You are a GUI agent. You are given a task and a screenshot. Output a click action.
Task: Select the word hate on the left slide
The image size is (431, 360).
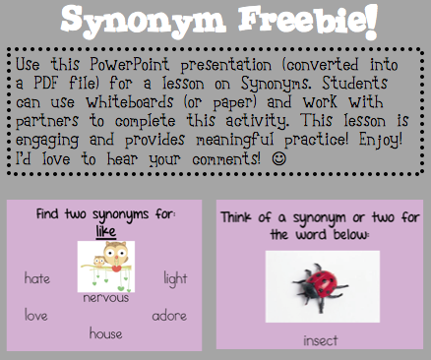click(37, 278)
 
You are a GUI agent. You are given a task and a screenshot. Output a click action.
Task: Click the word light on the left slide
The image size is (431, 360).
click(175, 278)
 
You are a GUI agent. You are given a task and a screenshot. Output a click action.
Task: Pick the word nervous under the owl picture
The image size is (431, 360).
click(106, 297)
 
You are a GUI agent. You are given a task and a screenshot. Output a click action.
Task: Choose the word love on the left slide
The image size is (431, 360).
click(36, 315)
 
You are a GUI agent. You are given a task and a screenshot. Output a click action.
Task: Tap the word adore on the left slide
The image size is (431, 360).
click(169, 316)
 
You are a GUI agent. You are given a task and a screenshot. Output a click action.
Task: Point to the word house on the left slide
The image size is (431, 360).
click(105, 333)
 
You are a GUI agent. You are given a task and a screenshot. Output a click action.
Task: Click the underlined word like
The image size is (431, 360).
click(105, 232)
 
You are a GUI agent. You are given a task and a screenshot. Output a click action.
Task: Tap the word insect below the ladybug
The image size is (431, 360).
click(320, 340)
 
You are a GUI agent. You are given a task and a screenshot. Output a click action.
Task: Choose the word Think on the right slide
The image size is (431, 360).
click(244, 217)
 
